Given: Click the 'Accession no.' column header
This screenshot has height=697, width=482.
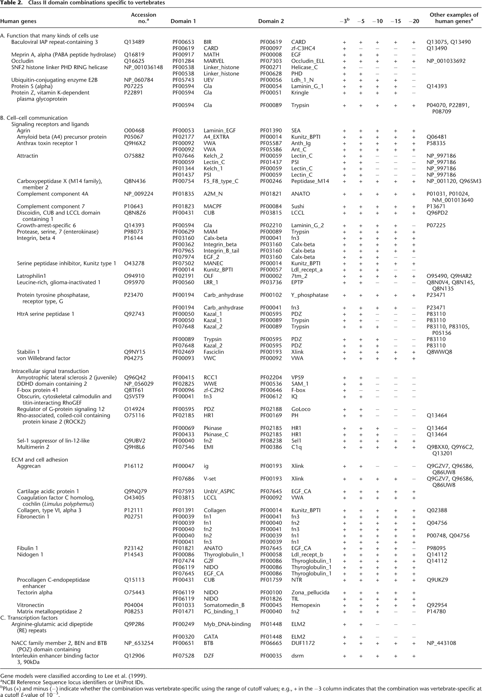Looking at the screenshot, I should [143, 18].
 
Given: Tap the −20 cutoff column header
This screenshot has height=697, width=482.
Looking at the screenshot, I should [413, 21].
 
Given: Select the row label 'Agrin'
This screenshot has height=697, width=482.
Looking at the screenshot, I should [24, 131].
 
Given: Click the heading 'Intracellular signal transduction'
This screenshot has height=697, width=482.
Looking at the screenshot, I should [50, 371].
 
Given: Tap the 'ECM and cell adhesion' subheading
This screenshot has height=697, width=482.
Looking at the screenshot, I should [39, 459].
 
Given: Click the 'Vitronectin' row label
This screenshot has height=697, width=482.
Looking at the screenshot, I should [31, 605].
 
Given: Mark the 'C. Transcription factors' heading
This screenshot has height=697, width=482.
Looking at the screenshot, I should [29, 618].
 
